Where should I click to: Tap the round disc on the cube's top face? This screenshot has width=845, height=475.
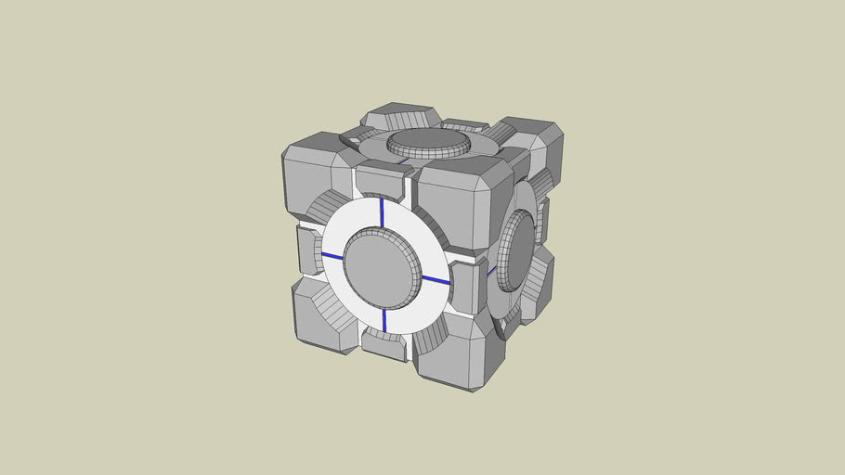tap(429, 142)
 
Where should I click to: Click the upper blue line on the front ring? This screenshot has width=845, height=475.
tap(382, 212)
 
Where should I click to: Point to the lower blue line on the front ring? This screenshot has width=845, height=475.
tap(383, 320)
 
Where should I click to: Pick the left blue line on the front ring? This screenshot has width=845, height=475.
tap(331, 256)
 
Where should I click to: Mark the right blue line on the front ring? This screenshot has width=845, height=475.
tap(435, 278)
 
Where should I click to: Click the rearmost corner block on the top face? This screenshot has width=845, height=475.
tap(400, 116)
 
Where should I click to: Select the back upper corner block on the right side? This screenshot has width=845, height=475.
tap(539, 148)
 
